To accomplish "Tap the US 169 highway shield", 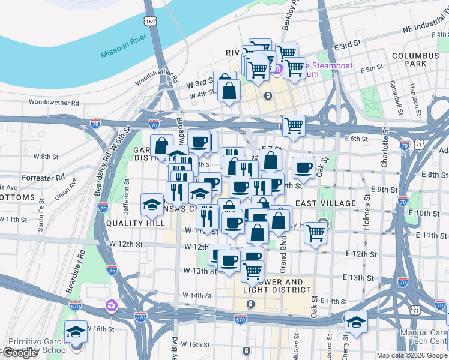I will coord(150,21).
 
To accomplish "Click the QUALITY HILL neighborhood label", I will coord(135,223).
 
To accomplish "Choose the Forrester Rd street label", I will coord(43,178).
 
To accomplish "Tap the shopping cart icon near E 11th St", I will coord(315,232).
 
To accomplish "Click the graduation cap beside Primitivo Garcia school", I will coord(76,331).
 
